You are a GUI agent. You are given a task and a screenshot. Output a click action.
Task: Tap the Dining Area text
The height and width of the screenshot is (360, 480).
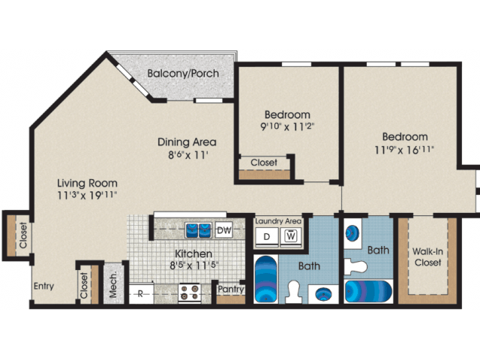(187, 142)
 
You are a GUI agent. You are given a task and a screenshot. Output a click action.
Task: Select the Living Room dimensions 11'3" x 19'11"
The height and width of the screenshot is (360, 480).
(86, 195)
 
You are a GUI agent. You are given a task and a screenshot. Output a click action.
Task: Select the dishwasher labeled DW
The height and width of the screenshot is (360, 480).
(223, 229)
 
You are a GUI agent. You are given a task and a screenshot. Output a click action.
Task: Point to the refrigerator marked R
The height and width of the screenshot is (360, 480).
(140, 292)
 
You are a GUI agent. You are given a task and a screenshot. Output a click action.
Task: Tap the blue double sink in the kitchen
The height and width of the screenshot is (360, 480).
(198, 229)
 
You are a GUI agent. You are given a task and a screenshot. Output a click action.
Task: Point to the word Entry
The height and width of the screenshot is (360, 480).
(43, 286)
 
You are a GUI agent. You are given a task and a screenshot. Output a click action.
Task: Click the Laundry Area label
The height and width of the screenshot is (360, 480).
(278, 221)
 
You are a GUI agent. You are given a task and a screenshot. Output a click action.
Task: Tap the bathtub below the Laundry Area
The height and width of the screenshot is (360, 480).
(265, 279)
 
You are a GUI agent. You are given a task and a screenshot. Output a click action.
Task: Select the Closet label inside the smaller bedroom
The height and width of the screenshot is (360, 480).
(263, 162)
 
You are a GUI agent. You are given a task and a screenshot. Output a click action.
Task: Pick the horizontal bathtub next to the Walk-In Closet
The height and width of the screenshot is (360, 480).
(368, 289)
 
